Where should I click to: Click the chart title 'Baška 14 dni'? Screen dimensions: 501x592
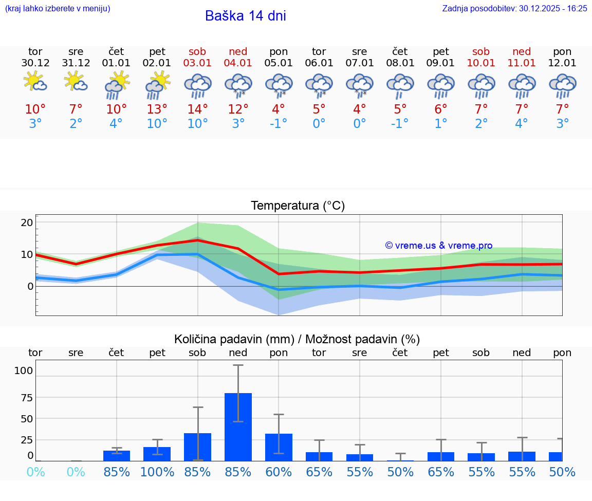click(245, 16)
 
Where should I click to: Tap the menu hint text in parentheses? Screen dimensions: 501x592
click(58, 8)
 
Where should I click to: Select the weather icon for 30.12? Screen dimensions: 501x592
click(35, 82)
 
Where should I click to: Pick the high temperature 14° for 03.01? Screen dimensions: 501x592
click(197, 109)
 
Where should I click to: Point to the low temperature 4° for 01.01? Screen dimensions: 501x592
click(116, 124)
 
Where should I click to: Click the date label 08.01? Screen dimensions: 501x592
click(400, 63)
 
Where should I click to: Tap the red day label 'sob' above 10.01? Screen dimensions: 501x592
click(481, 51)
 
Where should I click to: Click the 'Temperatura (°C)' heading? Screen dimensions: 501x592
click(298, 206)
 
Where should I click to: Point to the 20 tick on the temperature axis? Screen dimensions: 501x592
click(27, 222)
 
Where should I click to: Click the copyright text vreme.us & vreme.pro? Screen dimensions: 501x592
click(438, 246)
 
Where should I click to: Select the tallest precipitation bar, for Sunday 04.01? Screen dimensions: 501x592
click(238, 426)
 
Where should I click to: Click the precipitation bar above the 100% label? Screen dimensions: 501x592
click(157, 454)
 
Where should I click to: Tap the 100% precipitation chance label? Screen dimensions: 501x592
click(157, 472)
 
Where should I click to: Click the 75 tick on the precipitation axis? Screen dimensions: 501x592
click(26, 397)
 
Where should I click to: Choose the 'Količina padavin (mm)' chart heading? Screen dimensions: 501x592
click(234, 339)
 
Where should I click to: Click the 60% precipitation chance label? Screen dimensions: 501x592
click(279, 472)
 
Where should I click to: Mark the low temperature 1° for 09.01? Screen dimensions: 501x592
click(440, 124)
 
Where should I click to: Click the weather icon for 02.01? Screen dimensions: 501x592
click(157, 85)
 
